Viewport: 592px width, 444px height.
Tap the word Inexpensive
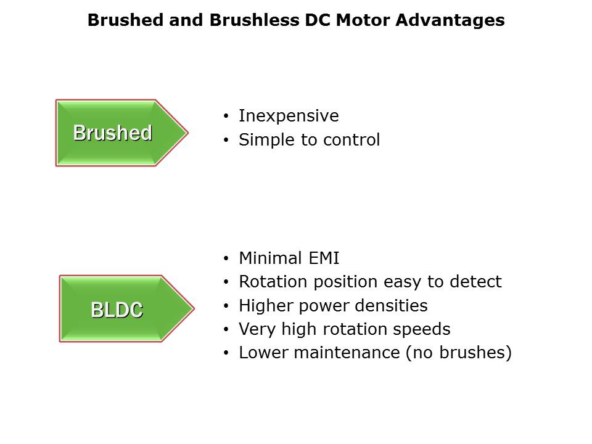point(289,116)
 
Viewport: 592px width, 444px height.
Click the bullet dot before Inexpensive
point(226,116)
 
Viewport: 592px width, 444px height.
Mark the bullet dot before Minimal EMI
point(226,258)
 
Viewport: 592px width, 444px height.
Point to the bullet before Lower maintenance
point(226,353)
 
